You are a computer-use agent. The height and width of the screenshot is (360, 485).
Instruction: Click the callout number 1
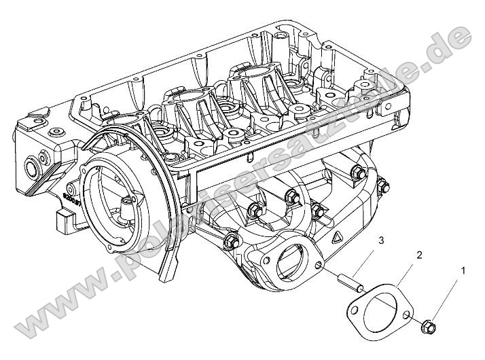(464, 271)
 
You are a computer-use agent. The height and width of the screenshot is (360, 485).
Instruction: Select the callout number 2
(419, 255)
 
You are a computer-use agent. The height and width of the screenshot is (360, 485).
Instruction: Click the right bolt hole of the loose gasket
(406, 315)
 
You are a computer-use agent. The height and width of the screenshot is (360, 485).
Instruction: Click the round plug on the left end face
(31, 166)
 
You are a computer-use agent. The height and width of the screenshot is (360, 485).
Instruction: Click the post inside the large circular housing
(126, 204)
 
